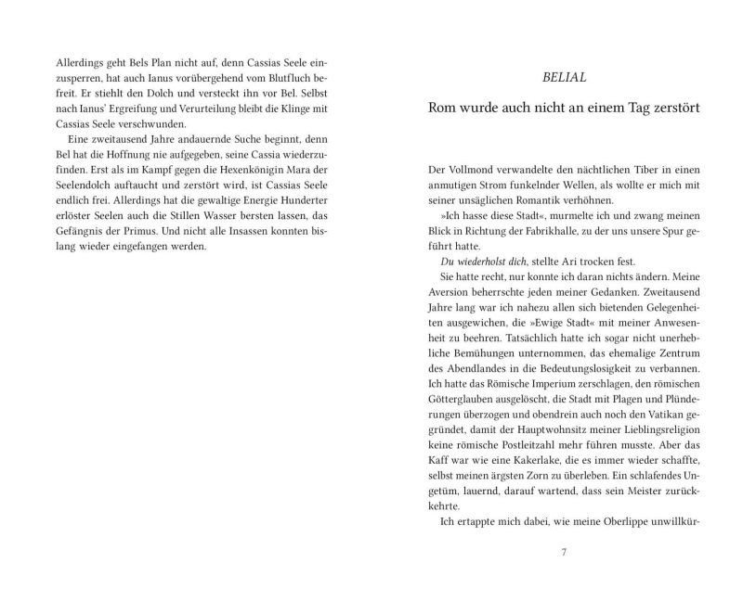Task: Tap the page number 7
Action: point(563,554)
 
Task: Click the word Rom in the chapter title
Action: point(444,108)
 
